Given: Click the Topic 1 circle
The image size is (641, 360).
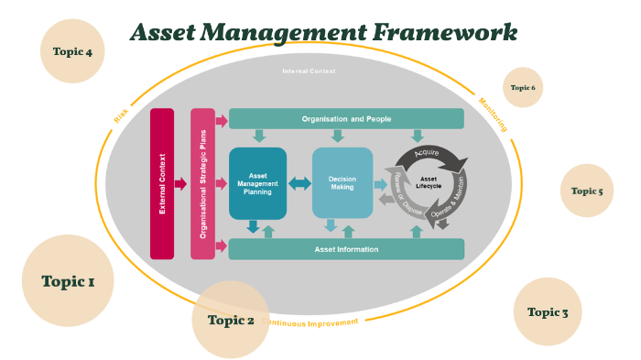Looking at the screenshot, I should [x=68, y=280].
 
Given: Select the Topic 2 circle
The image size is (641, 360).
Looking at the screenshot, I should [x=231, y=320].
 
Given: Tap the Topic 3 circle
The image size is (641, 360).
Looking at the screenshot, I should [x=548, y=311].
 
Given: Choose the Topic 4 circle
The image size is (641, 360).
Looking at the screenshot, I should [x=72, y=51].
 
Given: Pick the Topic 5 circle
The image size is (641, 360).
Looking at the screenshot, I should [x=587, y=191].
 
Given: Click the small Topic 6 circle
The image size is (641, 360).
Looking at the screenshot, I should [x=523, y=88].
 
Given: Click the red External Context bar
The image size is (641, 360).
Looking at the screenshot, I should [x=162, y=183].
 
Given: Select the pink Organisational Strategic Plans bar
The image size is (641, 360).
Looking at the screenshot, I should [x=202, y=183].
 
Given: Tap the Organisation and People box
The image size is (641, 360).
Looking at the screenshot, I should [x=346, y=119].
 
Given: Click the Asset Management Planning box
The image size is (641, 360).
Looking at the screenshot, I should [x=257, y=183].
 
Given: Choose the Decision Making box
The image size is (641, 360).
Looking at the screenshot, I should [x=342, y=183].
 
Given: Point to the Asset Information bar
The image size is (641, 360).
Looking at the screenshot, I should [x=346, y=248].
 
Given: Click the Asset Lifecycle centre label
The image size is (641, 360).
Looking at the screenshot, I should [x=429, y=183].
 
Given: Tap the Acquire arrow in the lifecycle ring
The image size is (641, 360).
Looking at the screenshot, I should [x=431, y=155].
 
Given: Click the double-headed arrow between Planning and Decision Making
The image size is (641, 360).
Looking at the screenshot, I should [x=299, y=183].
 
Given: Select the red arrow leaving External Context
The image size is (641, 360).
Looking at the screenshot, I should [x=181, y=183].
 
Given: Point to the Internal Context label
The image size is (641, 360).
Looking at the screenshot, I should [x=309, y=71].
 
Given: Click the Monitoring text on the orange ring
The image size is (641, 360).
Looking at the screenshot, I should [x=493, y=115].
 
